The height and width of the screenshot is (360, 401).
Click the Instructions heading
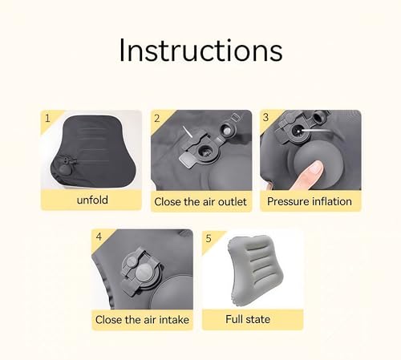click(200, 50)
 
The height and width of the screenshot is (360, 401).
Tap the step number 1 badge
click(48, 118)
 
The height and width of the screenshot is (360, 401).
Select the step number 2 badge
click(158, 118)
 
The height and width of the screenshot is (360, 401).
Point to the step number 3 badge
click(267, 118)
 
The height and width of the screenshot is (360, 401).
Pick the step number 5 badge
click(209, 237)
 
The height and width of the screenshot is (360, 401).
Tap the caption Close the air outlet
click(200, 201)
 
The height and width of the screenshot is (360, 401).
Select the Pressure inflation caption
click(310, 201)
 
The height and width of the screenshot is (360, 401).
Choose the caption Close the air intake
click(143, 320)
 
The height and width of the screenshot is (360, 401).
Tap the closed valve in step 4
click(138, 270)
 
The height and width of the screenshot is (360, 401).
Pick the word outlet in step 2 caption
click(229, 201)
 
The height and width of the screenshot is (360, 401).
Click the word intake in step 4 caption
click(172, 320)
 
